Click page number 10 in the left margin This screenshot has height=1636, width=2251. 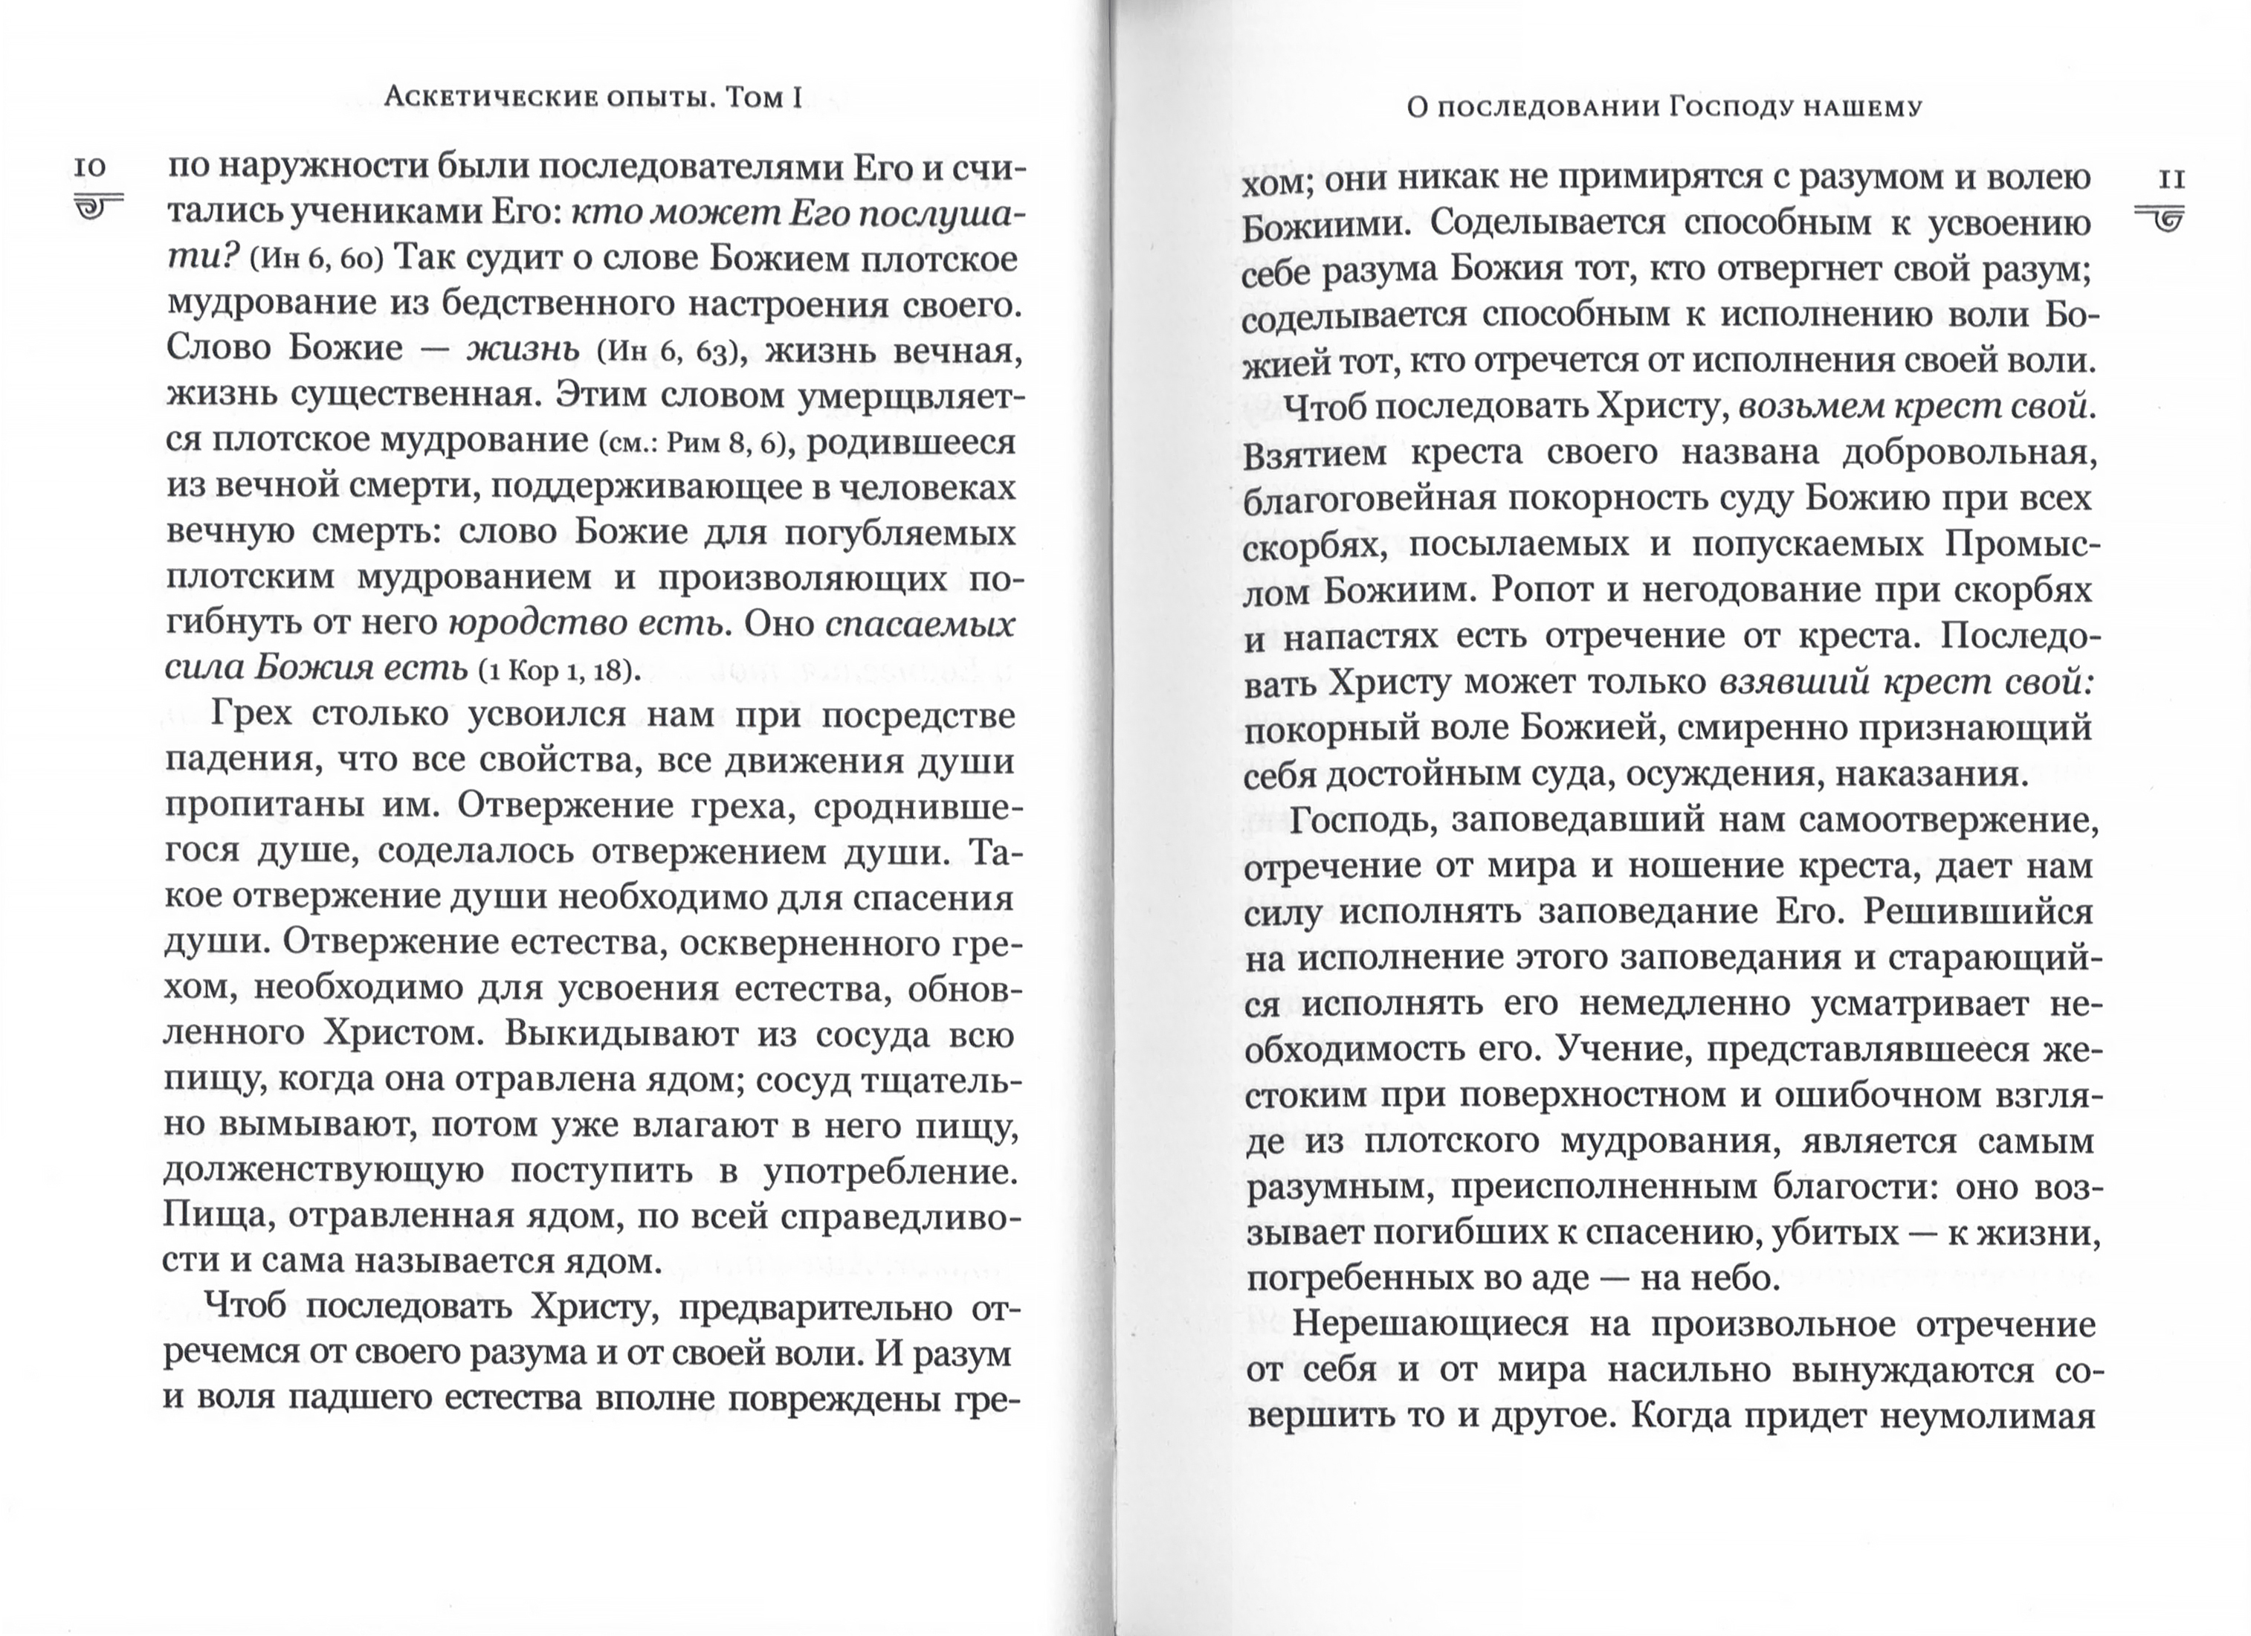(x=90, y=166)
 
